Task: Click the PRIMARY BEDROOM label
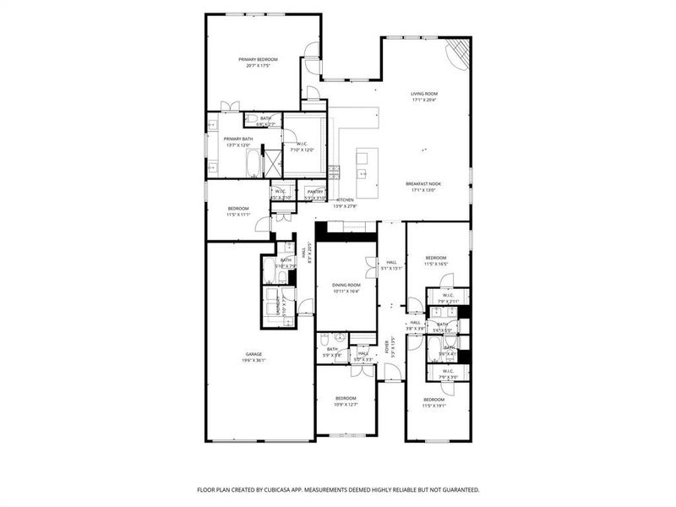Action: coord(258,59)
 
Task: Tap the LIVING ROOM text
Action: coord(423,94)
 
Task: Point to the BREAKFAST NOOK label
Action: coord(423,183)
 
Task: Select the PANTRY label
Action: coord(315,192)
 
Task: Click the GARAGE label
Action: coord(253,354)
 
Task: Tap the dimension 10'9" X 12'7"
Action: coord(345,404)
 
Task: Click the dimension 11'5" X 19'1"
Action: coord(433,406)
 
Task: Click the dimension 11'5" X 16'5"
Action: coord(435,264)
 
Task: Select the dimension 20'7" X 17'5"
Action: coord(258,65)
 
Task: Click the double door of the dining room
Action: coord(369,267)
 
